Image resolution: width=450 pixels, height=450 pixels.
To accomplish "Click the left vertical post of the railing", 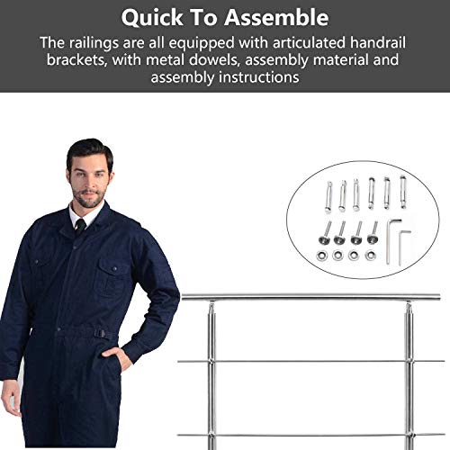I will coord(212,378).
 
